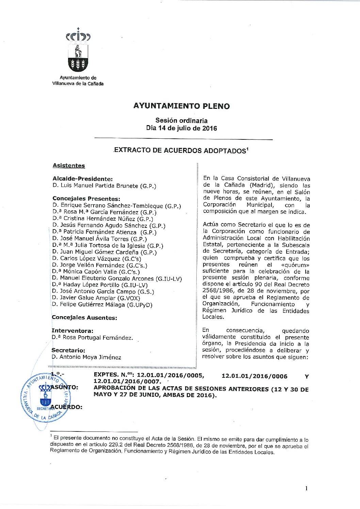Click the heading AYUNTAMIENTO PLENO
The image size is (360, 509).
click(x=181, y=106)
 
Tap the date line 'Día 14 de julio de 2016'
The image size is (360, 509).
click(x=181, y=129)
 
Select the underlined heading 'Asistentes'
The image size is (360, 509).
click(x=69, y=166)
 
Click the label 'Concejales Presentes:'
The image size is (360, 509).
click(x=86, y=199)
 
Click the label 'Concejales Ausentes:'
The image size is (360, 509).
click(x=84, y=318)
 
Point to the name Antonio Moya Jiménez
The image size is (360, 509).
click(x=90, y=357)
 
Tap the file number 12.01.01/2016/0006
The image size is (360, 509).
click(x=254, y=376)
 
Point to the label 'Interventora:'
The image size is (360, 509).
click(x=72, y=330)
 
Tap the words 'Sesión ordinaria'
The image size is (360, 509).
click(x=181, y=120)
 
